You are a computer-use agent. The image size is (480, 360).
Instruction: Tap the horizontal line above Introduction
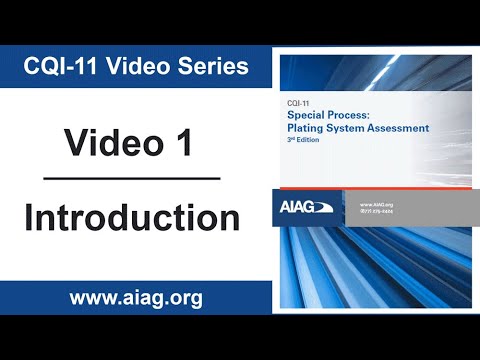tap(132, 179)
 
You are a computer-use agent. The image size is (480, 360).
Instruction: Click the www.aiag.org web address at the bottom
tap(135, 297)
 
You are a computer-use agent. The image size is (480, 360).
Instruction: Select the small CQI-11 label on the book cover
tap(294, 103)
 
